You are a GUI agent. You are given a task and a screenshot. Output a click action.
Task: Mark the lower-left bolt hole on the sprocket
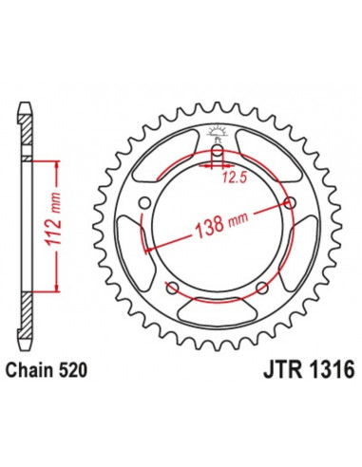[172, 288]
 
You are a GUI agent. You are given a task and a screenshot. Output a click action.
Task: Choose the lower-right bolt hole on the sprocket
[261, 288]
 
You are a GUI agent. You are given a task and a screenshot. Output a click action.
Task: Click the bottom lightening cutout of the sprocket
[217, 314]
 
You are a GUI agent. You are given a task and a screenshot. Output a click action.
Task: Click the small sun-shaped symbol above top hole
[217, 132]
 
